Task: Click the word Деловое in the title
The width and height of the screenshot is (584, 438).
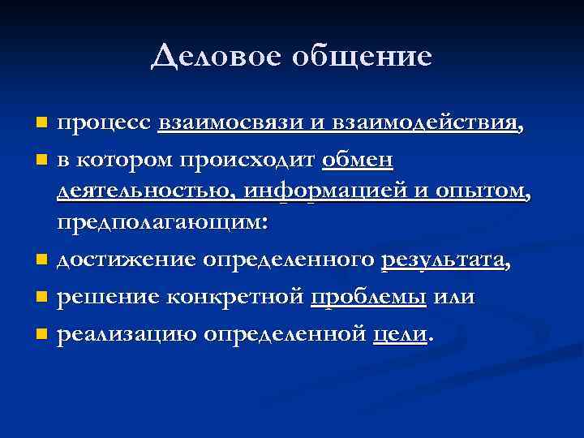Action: point(204,57)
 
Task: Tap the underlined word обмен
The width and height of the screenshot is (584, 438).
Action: point(358,160)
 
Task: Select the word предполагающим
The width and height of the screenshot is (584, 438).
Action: point(159,225)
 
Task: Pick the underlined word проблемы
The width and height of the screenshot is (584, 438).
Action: point(368,297)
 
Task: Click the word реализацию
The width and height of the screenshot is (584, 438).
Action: point(116,333)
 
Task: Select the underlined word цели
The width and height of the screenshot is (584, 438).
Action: point(398,333)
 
